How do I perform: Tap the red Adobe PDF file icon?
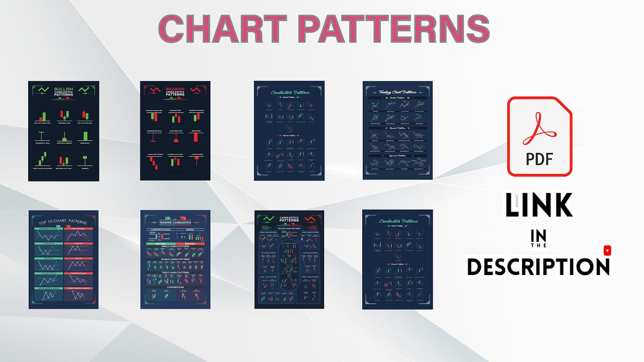pos(539,136)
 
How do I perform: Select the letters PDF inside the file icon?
pos(539,159)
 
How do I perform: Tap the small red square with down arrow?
pos(607,250)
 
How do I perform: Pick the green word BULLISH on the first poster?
pos(63,89)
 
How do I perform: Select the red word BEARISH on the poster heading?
pos(175,89)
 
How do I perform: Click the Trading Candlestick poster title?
pos(175,222)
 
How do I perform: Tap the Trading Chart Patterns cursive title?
pos(397,92)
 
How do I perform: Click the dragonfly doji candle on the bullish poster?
pos(40,137)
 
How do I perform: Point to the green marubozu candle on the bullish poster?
pos(86,136)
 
